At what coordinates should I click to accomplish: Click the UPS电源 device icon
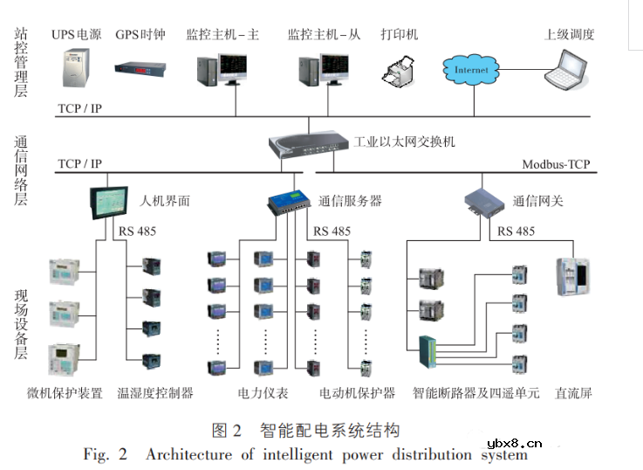coord(77,69)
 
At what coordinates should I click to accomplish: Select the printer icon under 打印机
coord(400,70)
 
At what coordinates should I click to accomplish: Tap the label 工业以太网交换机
coord(404,142)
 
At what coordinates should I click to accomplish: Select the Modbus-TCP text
coord(556,164)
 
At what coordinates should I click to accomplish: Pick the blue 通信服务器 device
coord(290,202)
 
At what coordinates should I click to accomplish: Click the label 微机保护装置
coord(65,393)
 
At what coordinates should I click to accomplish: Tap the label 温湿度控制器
coord(154,393)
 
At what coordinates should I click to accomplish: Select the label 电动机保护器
coord(357,393)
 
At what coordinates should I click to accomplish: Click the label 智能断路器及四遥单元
coord(475,393)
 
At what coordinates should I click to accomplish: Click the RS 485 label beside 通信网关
coord(516,232)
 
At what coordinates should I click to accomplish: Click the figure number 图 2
coord(226,431)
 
